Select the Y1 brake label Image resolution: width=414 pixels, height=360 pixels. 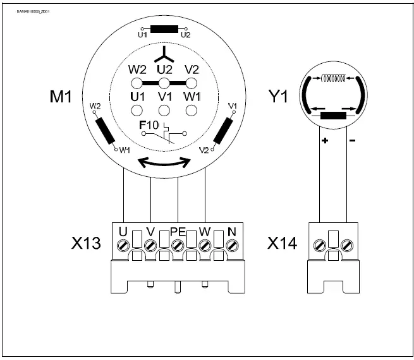point(279,98)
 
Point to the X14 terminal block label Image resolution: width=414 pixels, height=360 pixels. point(282,243)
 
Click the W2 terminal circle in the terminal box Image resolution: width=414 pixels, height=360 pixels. point(137,83)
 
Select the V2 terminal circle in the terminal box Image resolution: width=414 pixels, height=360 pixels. point(192,83)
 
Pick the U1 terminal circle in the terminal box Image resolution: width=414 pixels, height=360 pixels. point(137,110)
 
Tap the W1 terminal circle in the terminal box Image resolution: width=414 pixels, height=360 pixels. point(192,110)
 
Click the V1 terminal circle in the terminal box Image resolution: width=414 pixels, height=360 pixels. point(164,110)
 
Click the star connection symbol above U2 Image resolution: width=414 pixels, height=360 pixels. point(164,52)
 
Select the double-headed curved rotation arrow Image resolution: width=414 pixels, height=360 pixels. point(164,162)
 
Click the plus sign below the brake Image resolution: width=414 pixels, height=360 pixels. point(325,140)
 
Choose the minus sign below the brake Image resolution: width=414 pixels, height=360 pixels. point(352,140)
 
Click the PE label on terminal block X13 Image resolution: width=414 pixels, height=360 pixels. point(177,232)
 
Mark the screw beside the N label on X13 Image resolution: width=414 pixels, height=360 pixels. point(232,244)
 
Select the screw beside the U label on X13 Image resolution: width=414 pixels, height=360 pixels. point(123,244)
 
